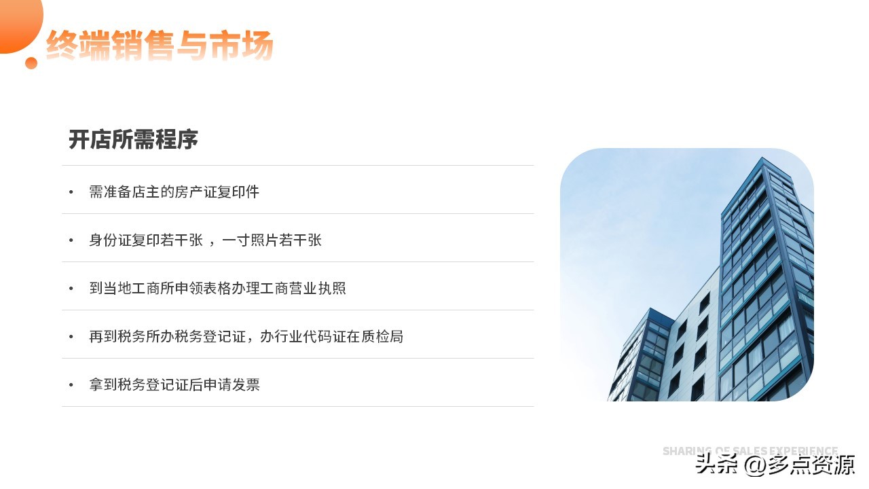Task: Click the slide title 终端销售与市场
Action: [160, 46]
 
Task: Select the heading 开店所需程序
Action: [133, 140]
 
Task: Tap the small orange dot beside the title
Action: [31, 63]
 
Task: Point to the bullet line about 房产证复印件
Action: [174, 192]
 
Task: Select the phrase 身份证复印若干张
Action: [146, 240]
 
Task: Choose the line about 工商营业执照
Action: [217, 289]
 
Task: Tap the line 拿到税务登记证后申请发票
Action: [174, 385]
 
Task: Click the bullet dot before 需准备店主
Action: [71, 193]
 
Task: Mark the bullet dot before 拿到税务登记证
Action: [71, 386]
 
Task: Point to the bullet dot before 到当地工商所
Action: [71, 289]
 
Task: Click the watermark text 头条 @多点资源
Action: [775, 465]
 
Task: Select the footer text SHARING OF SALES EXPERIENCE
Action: [750, 451]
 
